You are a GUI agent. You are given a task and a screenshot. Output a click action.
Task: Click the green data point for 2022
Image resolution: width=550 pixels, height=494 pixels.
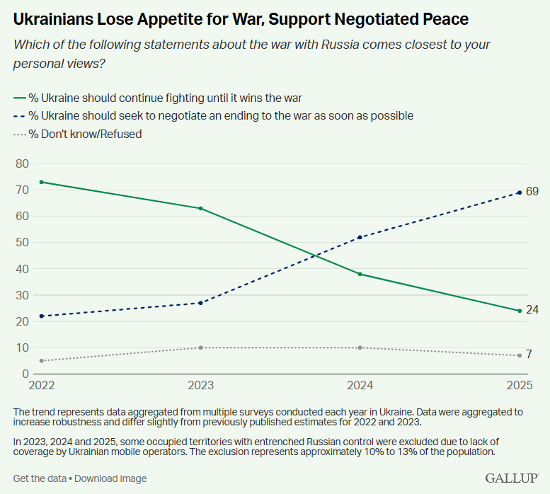point(42,182)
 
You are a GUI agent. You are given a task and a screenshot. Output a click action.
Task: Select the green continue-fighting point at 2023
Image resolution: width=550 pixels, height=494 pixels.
point(201,208)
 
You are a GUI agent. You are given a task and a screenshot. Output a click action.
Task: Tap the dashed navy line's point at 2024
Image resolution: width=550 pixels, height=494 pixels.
point(360,237)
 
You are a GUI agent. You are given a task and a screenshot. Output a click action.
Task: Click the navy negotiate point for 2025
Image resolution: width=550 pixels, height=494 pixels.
point(520,193)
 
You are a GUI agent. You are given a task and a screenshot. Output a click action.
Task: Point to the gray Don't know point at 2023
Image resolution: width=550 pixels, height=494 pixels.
point(201,347)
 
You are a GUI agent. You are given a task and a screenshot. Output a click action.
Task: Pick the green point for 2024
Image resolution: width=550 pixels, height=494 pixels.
point(360,274)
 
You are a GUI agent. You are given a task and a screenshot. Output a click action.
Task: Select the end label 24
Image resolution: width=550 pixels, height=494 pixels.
point(532,311)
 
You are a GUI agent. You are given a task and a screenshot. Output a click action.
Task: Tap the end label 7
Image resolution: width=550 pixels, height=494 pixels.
point(529,355)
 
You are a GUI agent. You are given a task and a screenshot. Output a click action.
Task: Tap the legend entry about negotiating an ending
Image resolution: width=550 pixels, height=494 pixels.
point(212,115)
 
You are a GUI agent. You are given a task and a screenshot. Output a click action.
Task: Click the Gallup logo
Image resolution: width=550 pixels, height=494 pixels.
point(512,478)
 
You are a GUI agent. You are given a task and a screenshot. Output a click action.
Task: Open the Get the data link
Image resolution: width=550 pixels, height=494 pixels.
point(40,478)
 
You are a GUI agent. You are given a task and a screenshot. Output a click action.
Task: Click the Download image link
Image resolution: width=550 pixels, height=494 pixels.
point(110,478)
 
